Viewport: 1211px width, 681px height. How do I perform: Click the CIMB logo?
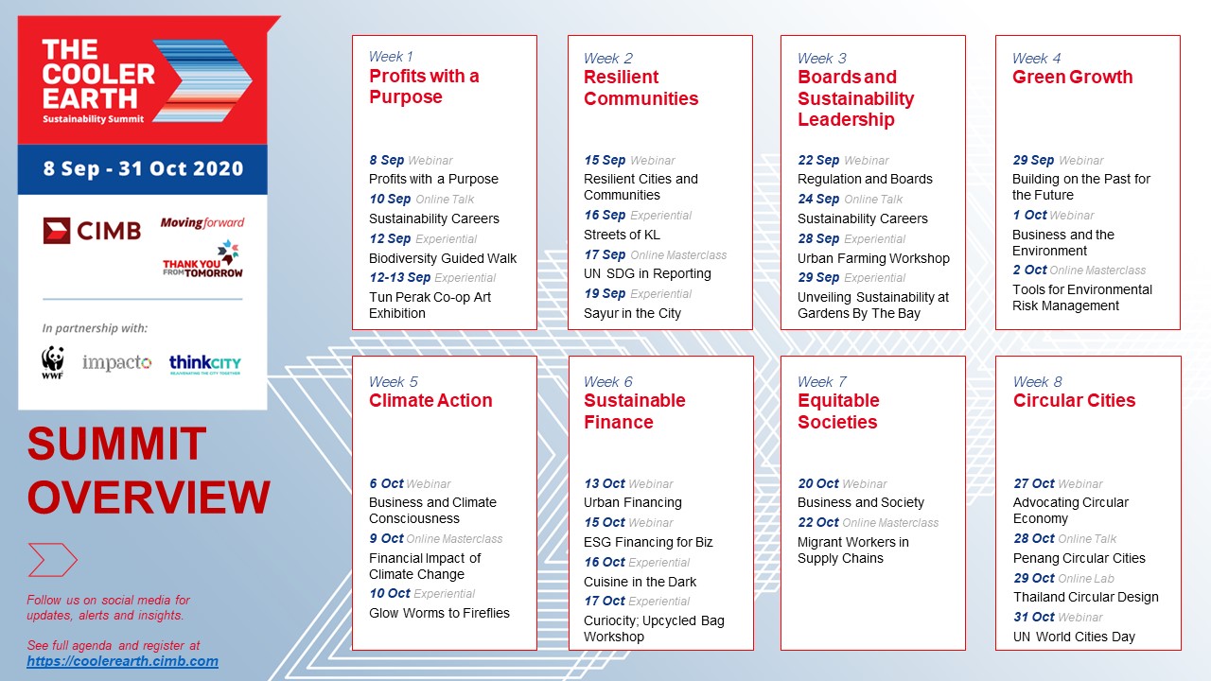(92, 231)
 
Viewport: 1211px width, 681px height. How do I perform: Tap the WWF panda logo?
(52, 362)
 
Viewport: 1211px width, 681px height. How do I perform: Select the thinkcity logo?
(205, 364)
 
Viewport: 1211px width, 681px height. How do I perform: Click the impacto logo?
(116, 362)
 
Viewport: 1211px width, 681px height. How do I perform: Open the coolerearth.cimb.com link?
(123, 661)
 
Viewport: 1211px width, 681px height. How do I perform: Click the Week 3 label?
(822, 58)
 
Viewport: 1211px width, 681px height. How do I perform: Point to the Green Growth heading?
(1072, 77)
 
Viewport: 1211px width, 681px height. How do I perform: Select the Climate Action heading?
(430, 400)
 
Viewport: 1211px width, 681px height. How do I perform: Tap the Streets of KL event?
(622, 235)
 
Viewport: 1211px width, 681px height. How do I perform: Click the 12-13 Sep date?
(400, 277)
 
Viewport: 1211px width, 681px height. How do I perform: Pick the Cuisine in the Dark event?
(641, 582)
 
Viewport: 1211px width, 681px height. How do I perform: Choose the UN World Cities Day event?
(1074, 637)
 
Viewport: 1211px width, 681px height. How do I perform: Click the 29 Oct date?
(1034, 578)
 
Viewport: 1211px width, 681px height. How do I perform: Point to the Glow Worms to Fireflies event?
(439, 613)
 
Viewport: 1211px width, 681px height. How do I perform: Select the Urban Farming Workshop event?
(873, 258)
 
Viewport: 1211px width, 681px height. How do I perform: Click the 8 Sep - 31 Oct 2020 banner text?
(143, 168)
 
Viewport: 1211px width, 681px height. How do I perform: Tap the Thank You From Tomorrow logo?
(203, 259)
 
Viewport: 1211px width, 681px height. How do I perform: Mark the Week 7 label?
(822, 381)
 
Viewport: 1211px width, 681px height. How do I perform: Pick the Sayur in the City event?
(632, 313)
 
